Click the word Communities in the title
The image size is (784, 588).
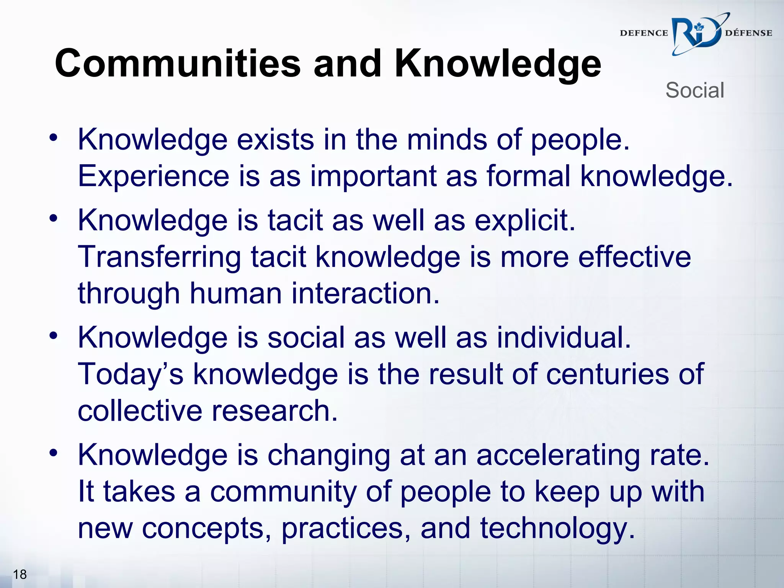[x=178, y=64]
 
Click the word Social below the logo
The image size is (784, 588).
[x=694, y=91]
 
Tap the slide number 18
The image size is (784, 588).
[x=20, y=574]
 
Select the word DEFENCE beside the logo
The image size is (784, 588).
[x=644, y=33]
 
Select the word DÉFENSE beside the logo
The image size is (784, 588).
[x=748, y=33]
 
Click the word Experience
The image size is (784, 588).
[x=154, y=176]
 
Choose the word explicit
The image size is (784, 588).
[x=525, y=221]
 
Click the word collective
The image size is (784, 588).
[x=140, y=411]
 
